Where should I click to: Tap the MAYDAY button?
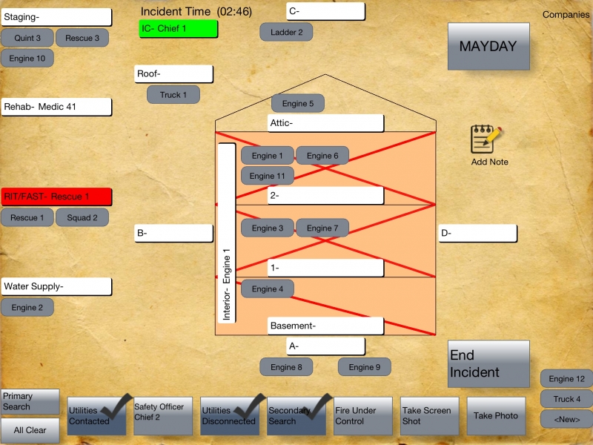pyautogui.click(x=488, y=46)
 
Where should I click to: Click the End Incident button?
pyautogui.click(x=488, y=363)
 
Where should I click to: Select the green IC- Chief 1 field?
pyautogui.click(x=179, y=29)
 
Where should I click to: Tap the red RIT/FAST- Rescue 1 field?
pyautogui.click(x=56, y=197)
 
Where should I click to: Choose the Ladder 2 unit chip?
pyautogui.click(x=286, y=32)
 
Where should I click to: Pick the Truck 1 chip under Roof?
pyautogui.click(x=173, y=95)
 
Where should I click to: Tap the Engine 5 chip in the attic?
pyautogui.click(x=298, y=104)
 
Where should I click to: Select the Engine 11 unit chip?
pyautogui.click(x=267, y=176)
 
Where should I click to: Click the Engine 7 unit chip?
pyautogui.click(x=322, y=228)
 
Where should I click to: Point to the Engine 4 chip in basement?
pyautogui.click(x=267, y=289)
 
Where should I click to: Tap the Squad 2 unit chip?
pyautogui.click(x=82, y=218)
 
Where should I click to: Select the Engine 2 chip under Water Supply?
pyautogui.click(x=27, y=307)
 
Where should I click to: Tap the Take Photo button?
pyautogui.click(x=496, y=416)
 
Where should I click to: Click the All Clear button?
pyautogui.click(x=30, y=430)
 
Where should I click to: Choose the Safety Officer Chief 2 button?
pyautogui.click(x=162, y=416)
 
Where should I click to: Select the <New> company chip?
pyautogui.click(x=566, y=419)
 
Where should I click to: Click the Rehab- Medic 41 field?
pyautogui.click(x=56, y=107)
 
